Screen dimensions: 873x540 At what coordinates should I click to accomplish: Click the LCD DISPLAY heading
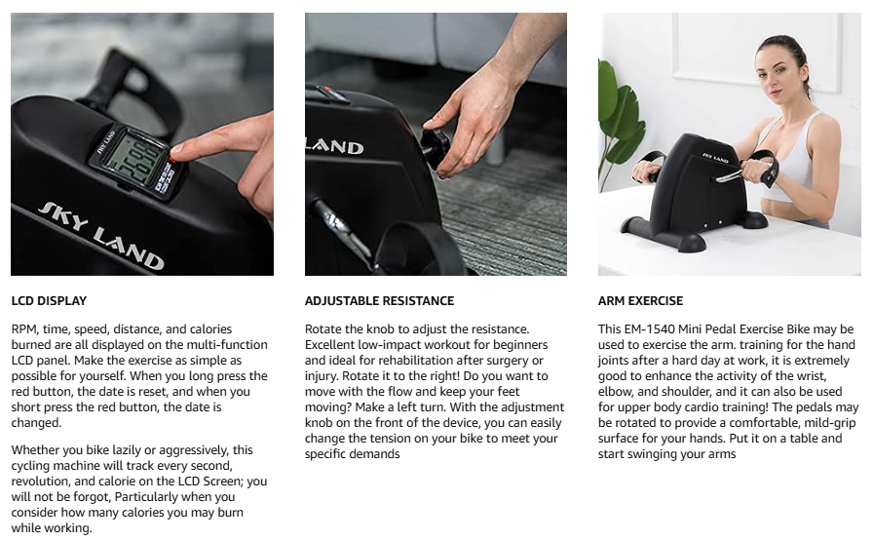pos(49,300)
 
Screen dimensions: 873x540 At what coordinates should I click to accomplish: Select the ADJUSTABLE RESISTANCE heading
pos(379,300)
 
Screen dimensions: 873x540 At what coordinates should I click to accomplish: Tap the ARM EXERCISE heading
pos(640,300)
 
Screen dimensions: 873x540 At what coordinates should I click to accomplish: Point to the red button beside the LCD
pos(171,160)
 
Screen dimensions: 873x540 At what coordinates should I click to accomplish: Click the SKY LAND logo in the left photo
pos(101,236)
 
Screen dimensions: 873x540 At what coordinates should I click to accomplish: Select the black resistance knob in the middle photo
pos(435,147)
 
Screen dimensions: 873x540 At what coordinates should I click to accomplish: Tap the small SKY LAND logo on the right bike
pos(715,158)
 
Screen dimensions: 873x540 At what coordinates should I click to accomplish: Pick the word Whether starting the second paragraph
pos(32,449)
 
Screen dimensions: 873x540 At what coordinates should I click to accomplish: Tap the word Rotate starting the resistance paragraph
pos(323,329)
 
